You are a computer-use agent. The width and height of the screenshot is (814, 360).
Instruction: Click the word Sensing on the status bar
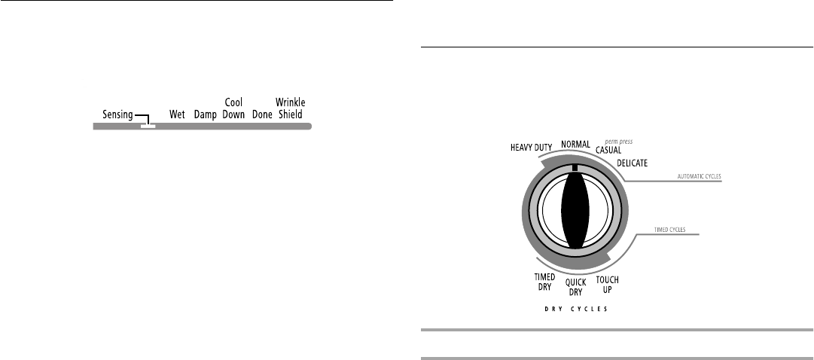tap(117, 114)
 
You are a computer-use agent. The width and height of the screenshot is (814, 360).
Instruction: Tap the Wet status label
tap(177, 114)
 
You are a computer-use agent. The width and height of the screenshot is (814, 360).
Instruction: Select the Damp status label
tap(205, 114)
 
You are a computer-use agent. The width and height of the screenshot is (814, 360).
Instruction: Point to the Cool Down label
tap(233, 108)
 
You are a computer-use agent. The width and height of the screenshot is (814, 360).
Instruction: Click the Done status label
tap(262, 114)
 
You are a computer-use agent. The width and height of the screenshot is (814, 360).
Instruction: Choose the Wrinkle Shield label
tap(290, 108)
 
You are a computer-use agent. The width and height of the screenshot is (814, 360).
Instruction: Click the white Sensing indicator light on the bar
tap(148, 127)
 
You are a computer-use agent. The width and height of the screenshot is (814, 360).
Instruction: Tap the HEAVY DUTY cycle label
tap(531, 148)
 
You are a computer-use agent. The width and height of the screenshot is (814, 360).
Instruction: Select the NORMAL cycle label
tap(575, 145)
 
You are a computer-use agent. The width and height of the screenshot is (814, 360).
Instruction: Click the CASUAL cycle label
tap(608, 150)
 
